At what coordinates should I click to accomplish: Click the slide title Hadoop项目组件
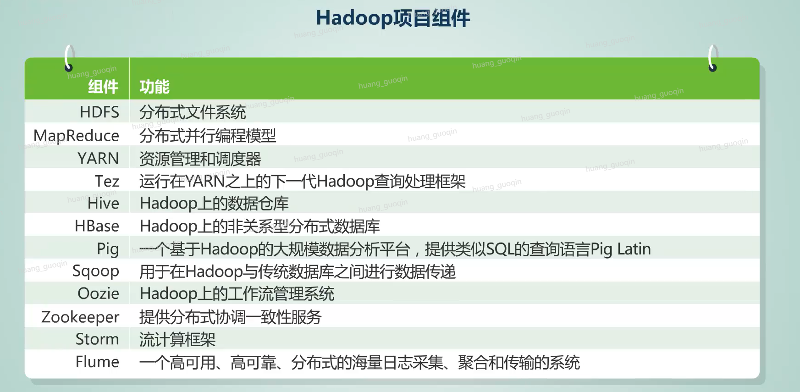tap(393, 18)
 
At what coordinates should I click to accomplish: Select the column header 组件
tap(103, 87)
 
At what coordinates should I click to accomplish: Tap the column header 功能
tap(154, 87)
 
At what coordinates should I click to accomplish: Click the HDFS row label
tap(99, 112)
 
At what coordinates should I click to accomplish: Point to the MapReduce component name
tap(76, 136)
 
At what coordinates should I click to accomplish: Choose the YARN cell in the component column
tap(98, 159)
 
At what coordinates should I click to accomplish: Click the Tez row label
tap(107, 181)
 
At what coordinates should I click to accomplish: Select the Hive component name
tap(103, 204)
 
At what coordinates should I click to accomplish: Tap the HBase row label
tap(97, 226)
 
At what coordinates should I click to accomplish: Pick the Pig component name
tap(108, 249)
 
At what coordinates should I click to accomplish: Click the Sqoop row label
tap(96, 271)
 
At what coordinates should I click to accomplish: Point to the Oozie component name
tap(99, 293)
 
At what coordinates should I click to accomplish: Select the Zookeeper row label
tap(80, 317)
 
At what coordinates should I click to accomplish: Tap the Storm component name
tap(97, 339)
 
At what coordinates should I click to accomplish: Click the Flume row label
tap(97, 362)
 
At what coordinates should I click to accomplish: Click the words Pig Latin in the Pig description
tap(621, 249)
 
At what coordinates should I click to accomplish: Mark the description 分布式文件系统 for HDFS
tap(193, 112)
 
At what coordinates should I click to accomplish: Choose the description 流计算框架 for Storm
tap(177, 340)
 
